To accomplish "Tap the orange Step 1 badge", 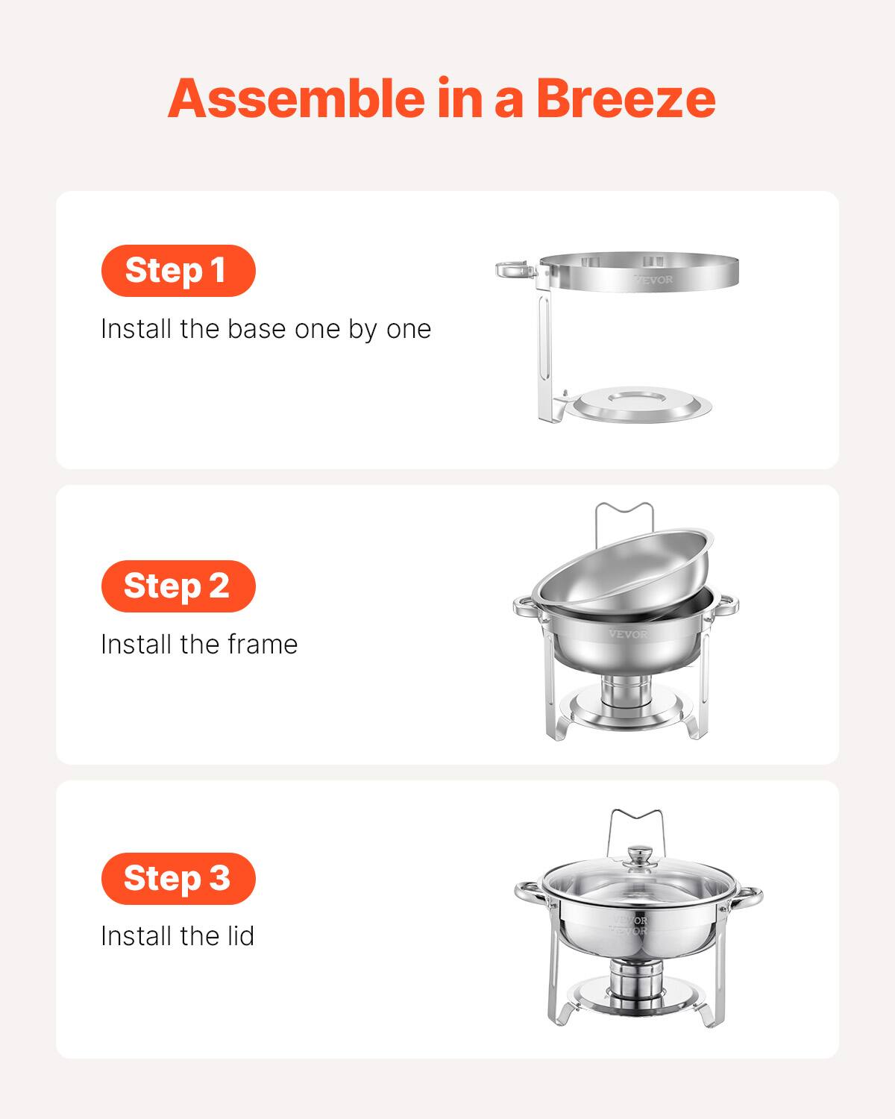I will pos(178,270).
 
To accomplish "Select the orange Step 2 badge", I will pos(178,586).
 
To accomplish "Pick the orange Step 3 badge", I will pos(178,878).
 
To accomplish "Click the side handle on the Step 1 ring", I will pos(515,269).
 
